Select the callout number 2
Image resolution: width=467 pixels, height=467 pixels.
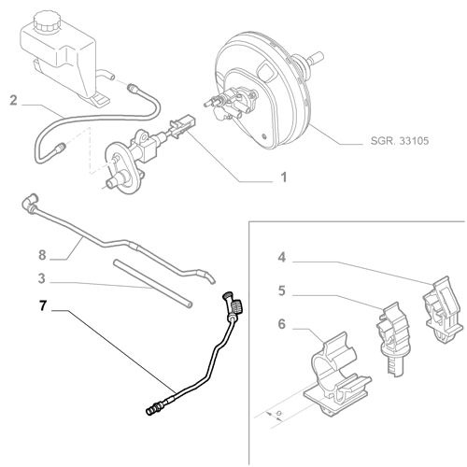point(13,99)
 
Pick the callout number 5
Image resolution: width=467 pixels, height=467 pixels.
point(281,290)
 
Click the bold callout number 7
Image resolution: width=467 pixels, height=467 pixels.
point(43,304)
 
